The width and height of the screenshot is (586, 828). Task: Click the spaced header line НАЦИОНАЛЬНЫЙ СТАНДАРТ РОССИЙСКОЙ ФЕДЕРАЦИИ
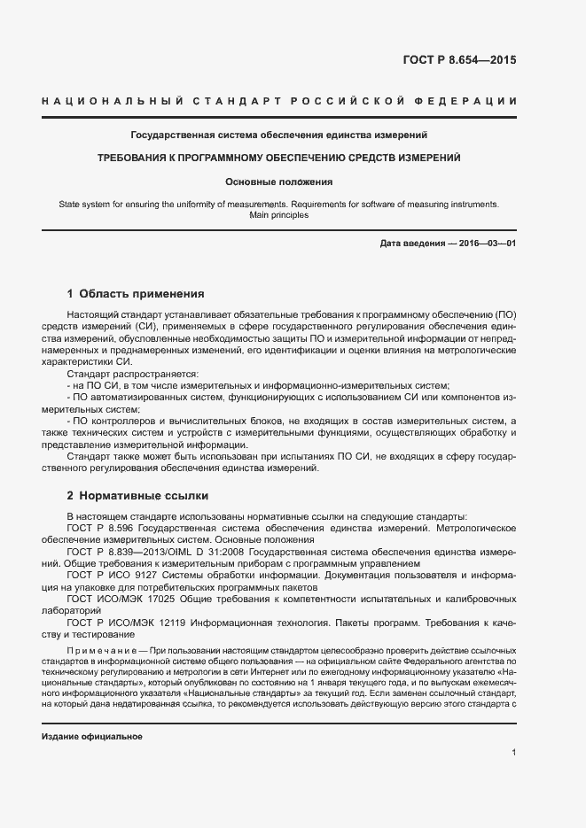pyautogui.click(x=278, y=103)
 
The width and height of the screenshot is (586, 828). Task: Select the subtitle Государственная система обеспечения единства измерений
pyautogui.click(x=279, y=135)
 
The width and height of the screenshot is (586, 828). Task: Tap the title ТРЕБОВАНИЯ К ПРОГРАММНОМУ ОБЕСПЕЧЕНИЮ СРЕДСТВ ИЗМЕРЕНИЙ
pyautogui.click(x=278, y=158)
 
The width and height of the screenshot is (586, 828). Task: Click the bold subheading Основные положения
pyautogui.click(x=278, y=182)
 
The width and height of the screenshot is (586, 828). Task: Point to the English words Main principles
pyautogui.click(x=278, y=215)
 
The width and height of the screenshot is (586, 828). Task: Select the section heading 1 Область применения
pyautogui.click(x=136, y=293)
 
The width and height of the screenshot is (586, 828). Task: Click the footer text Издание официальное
pyautogui.click(x=92, y=736)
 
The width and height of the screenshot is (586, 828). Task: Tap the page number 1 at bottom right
pyautogui.click(x=513, y=753)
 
